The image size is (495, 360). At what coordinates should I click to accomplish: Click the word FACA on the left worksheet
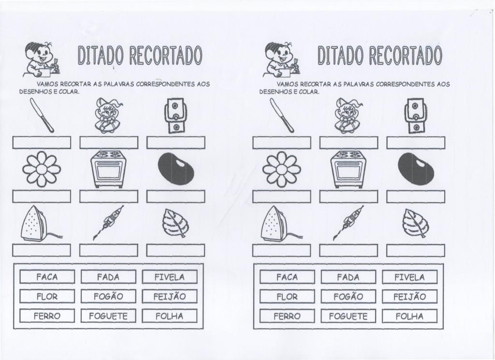click(x=47, y=277)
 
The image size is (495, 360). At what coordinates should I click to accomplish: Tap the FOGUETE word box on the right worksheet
click(x=348, y=316)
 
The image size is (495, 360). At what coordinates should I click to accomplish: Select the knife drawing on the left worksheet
click(x=42, y=115)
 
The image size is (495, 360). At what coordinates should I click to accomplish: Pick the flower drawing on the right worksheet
click(x=281, y=169)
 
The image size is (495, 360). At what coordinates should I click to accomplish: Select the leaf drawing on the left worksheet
click(x=175, y=223)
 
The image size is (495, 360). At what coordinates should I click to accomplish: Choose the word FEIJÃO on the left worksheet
click(x=170, y=297)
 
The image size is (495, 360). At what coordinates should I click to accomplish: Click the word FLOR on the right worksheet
click(x=287, y=297)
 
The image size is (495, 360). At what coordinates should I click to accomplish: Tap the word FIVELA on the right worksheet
click(x=410, y=277)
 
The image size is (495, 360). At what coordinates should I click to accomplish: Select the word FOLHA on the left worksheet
click(x=170, y=316)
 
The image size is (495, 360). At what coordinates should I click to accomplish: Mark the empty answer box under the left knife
click(x=42, y=142)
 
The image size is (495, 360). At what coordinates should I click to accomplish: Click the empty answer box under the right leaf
click(x=415, y=250)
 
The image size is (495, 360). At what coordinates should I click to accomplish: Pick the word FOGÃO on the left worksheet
click(x=108, y=297)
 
